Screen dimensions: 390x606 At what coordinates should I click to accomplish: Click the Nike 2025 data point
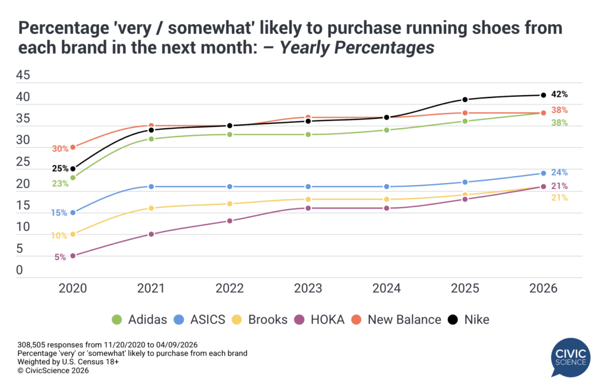pos(465,99)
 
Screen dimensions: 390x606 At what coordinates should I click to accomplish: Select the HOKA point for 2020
pos(73,256)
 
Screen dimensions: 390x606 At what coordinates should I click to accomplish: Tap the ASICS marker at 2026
pos(543,173)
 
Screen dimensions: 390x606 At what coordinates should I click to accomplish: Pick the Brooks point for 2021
pos(151,208)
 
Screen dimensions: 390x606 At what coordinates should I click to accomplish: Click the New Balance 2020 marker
pos(73,147)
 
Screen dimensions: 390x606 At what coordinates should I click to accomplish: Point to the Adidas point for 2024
pos(386,130)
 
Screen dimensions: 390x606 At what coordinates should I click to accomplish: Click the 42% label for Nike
pos(560,94)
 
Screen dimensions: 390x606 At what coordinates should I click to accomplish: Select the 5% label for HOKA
pos(60,257)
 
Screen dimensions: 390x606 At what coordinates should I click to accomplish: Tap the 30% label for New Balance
pos(60,149)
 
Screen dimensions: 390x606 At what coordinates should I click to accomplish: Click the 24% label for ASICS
pos(560,173)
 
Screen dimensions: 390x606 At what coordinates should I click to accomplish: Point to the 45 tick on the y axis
pos(22,76)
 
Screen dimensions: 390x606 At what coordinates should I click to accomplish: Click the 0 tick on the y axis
pos(19,271)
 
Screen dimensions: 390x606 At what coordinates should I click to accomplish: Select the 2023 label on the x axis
pos(308,288)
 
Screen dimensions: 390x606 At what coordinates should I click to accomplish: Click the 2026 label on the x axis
pos(543,288)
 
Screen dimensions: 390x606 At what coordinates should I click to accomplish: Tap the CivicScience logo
pos(569,357)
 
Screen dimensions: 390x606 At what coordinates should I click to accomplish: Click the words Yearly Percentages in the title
pos(357,48)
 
